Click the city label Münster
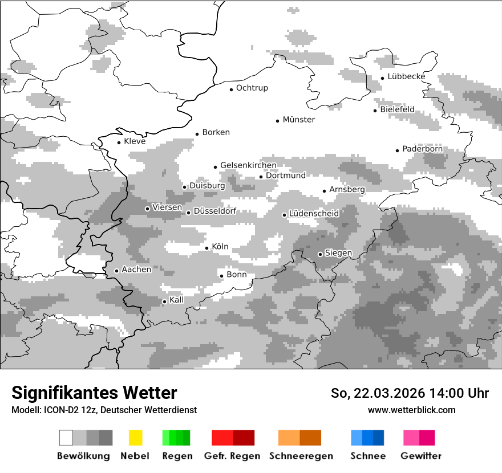298,120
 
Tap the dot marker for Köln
207,248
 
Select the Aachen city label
136,270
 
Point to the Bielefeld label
397,109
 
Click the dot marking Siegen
320,254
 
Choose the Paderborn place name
422,149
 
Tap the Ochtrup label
252,88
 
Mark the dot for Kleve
119,142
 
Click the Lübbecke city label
406,76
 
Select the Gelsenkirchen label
248,166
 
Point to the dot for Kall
165,301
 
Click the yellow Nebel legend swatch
135,438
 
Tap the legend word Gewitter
421,456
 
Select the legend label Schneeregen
301,456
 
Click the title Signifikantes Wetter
94,393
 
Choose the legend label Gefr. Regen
232,456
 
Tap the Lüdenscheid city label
314,214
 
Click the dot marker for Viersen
147,209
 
